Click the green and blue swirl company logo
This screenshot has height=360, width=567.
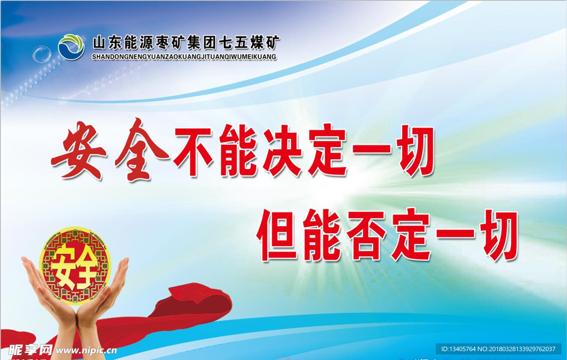71,47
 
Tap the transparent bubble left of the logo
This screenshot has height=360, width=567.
42,54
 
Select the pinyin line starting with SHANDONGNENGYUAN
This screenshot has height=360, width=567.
184,57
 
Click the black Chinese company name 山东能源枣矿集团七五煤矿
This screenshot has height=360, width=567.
186,43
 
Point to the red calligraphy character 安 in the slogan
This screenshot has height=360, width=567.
79,150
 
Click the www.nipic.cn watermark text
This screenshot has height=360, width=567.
86,350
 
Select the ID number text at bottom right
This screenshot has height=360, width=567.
498,349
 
